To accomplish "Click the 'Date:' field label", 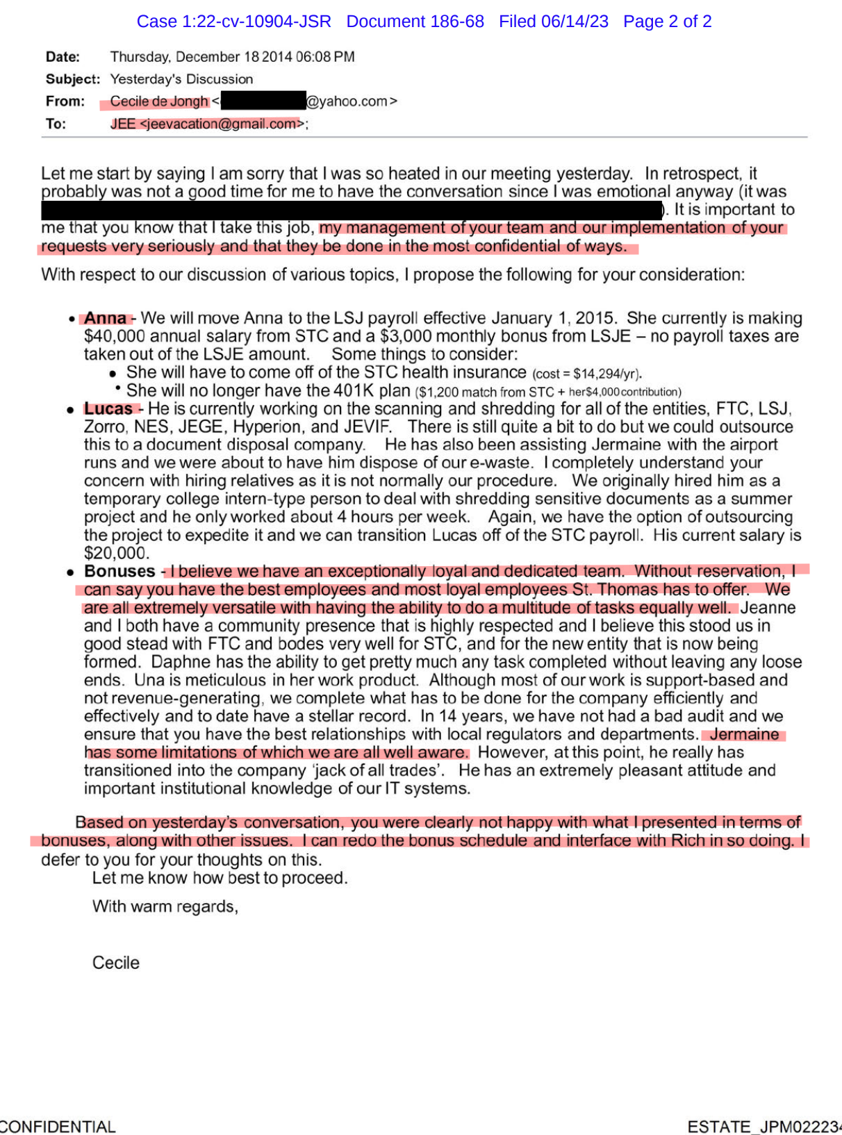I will (63, 57).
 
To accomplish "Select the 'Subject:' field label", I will (72, 79).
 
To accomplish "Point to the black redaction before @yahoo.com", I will (263, 101).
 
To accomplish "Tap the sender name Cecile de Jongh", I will (159, 101).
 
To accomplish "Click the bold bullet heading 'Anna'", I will (105, 318).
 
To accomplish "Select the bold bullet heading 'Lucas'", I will (108, 408).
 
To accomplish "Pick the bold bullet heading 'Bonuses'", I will (119, 571).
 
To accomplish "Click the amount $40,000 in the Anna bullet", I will (115, 336).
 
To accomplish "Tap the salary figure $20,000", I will (115, 553).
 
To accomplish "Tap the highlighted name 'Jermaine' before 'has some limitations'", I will (744, 734).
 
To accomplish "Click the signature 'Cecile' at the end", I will (115, 963).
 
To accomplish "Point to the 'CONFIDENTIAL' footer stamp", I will (57, 1126).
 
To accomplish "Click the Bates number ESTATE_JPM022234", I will (764, 1126).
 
